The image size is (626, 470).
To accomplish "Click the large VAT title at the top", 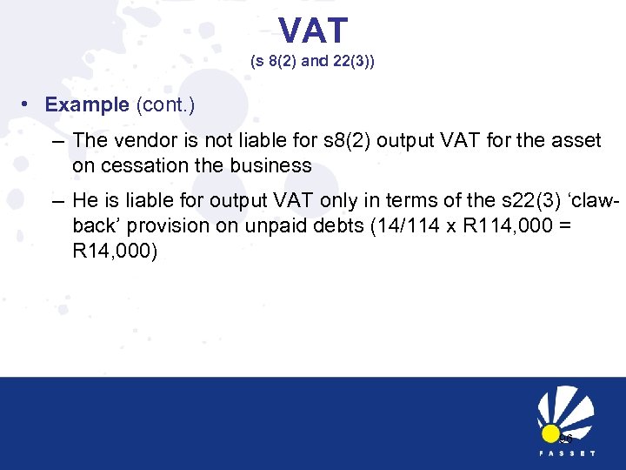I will pos(313,31).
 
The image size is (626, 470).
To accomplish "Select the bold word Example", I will pos(87,105).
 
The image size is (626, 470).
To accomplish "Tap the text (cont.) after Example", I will pos(165,105).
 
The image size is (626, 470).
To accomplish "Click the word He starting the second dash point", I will pos(87,201).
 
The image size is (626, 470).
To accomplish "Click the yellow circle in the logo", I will pos(549,433).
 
